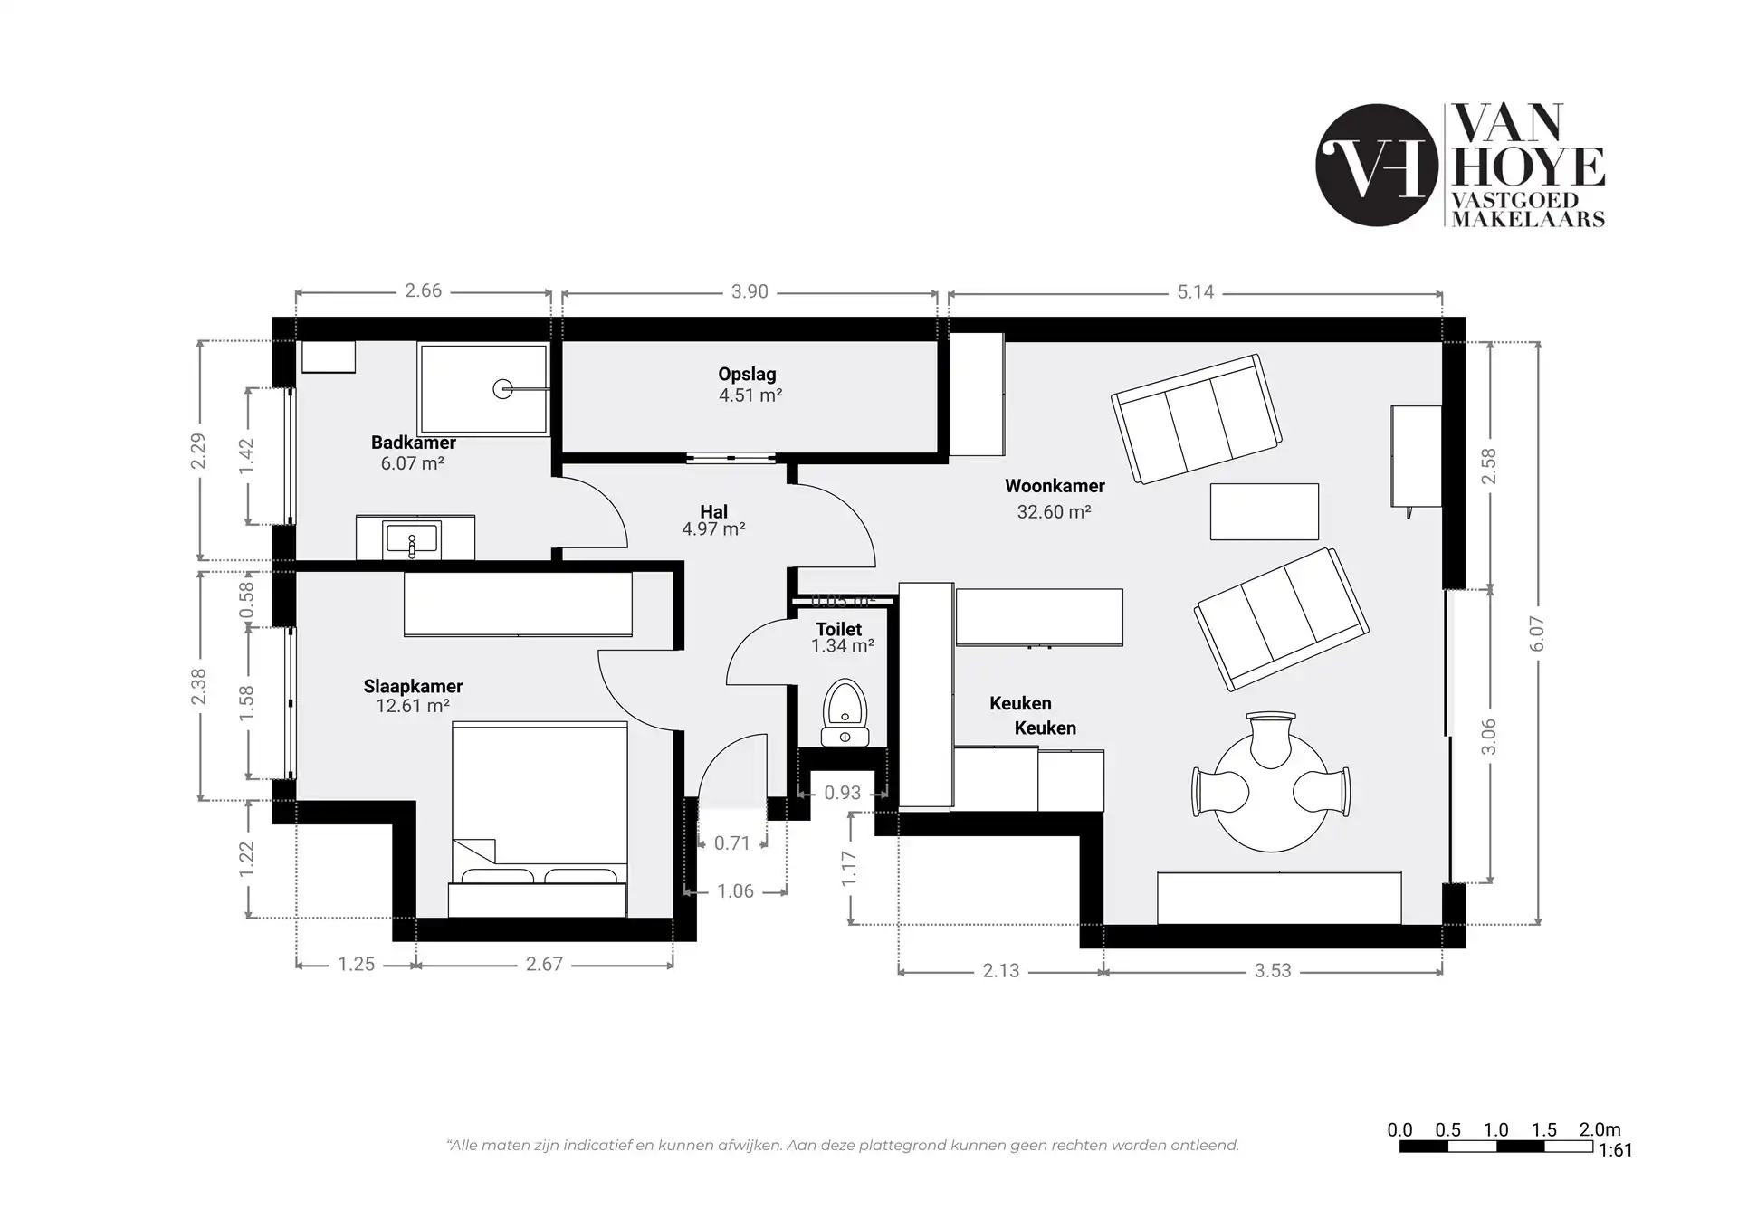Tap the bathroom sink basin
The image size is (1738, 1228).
pyautogui.click(x=413, y=540)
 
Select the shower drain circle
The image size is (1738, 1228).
pyautogui.click(x=502, y=389)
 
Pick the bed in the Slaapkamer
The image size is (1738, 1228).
pyautogui.click(x=539, y=805)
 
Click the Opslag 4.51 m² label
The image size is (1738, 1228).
pyautogui.click(x=749, y=385)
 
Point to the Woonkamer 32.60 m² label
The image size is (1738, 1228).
pyautogui.click(x=1055, y=499)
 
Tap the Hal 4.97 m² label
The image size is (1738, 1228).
pyautogui.click(x=713, y=520)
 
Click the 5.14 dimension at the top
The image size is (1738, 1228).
pyautogui.click(x=1195, y=292)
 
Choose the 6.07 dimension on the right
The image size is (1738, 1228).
pyautogui.click(x=1537, y=633)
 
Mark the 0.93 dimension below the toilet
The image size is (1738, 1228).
pyautogui.click(x=842, y=794)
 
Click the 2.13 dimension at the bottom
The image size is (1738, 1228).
pyautogui.click(x=1000, y=971)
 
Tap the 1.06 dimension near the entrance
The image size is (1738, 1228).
pyautogui.click(x=735, y=892)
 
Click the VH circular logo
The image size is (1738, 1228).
pyautogui.click(x=1376, y=165)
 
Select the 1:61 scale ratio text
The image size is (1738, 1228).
pyautogui.click(x=1615, y=1151)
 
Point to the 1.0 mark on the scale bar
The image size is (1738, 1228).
pyautogui.click(x=1495, y=1130)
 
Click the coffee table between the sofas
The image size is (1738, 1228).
pyautogui.click(x=1264, y=512)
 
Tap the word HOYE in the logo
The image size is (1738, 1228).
pyautogui.click(x=1528, y=167)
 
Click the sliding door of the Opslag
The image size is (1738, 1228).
pyautogui.click(x=731, y=458)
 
